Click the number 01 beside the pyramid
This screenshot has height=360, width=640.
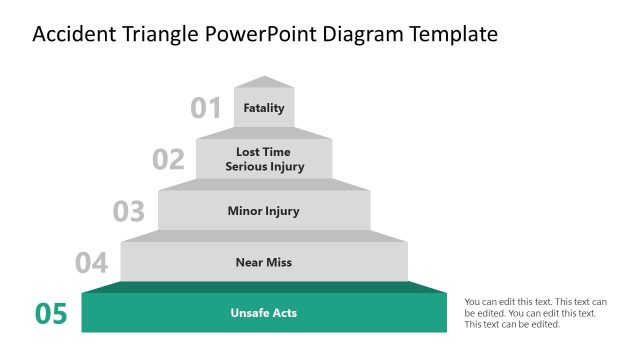pyautogui.click(x=206, y=108)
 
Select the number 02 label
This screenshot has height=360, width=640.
pyautogui.click(x=168, y=160)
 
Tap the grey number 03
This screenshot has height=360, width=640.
pyautogui.click(x=129, y=212)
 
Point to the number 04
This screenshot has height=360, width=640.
pyautogui.click(x=91, y=264)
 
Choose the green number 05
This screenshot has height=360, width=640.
pyautogui.click(x=51, y=314)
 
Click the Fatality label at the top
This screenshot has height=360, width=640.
pyautogui.click(x=264, y=108)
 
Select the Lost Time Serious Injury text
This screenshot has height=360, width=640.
pyautogui.click(x=264, y=160)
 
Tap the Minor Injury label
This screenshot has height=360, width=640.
pyautogui.click(x=264, y=211)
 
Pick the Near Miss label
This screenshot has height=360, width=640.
pyautogui.click(x=264, y=262)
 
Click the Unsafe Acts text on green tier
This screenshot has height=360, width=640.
pyautogui.click(x=264, y=313)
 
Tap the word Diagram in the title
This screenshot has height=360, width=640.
pyautogui.click(x=364, y=35)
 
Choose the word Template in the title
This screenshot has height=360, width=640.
pyautogui.click(x=455, y=35)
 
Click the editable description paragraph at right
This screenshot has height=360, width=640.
pyautogui.click(x=535, y=312)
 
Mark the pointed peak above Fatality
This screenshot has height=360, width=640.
pyautogui.click(x=264, y=82)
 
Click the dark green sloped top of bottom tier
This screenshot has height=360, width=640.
pyautogui.click(x=264, y=288)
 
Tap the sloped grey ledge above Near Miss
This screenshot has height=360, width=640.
pyautogui.click(x=264, y=236)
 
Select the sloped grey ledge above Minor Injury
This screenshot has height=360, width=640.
pyautogui.click(x=264, y=185)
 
